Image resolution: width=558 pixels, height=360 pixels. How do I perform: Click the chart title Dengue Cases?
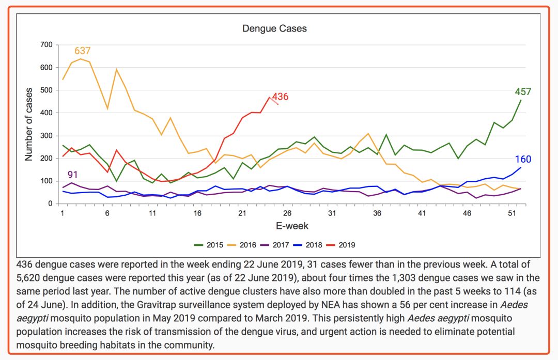click(x=274, y=28)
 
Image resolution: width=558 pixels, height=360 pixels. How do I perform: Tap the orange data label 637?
click(x=83, y=51)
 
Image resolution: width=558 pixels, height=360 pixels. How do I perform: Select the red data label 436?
click(x=281, y=97)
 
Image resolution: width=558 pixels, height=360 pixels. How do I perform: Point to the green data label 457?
click(x=523, y=92)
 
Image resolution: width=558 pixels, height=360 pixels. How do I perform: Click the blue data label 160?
click(x=523, y=160)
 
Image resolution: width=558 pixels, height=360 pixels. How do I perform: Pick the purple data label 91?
click(x=73, y=175)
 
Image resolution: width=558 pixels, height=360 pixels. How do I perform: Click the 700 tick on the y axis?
click(x=47, y=45)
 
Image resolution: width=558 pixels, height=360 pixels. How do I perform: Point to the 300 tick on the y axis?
click(x=47, y=136)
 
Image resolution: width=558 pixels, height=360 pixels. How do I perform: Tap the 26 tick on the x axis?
click(x=287, y=213)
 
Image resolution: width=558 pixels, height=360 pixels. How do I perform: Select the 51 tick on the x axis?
click(x=512, y=213)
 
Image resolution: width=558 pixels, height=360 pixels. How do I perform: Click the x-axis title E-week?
click(x=292, y=226)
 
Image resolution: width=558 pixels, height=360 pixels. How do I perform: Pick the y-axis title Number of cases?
click(x=29, y=124)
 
